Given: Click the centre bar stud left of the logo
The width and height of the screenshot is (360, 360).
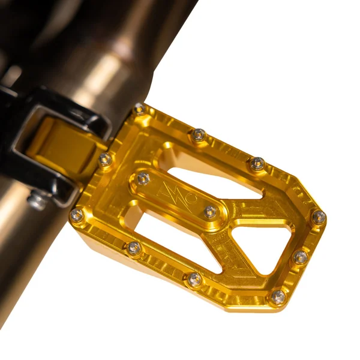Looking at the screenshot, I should (x=143, y=178).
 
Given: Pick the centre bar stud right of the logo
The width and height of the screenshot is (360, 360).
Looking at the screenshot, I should (x=210, y=211).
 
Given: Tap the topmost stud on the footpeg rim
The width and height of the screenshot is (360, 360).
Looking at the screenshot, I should (x=140, y=109).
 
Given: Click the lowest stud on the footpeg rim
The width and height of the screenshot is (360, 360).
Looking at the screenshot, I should (x=278, y=296).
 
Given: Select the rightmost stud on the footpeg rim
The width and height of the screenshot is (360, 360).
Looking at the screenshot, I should (x=319, y=217).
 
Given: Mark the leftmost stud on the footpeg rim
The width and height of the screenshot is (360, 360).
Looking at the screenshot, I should (x=77, y=215).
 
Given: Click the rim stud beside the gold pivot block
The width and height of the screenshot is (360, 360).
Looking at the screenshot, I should (x=106, y=159).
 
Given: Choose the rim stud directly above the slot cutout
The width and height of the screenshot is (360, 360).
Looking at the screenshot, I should (x=199, y=135).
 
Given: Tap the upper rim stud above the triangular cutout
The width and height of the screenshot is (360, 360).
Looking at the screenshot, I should (x=257, y=163).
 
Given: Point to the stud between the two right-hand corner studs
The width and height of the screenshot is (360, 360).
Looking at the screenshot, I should (x=300, y=257).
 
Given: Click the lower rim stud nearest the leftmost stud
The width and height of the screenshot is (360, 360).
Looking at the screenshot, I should (x=134, y=247).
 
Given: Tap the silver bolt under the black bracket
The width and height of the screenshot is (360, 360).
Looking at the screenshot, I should (x=38, y=199).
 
